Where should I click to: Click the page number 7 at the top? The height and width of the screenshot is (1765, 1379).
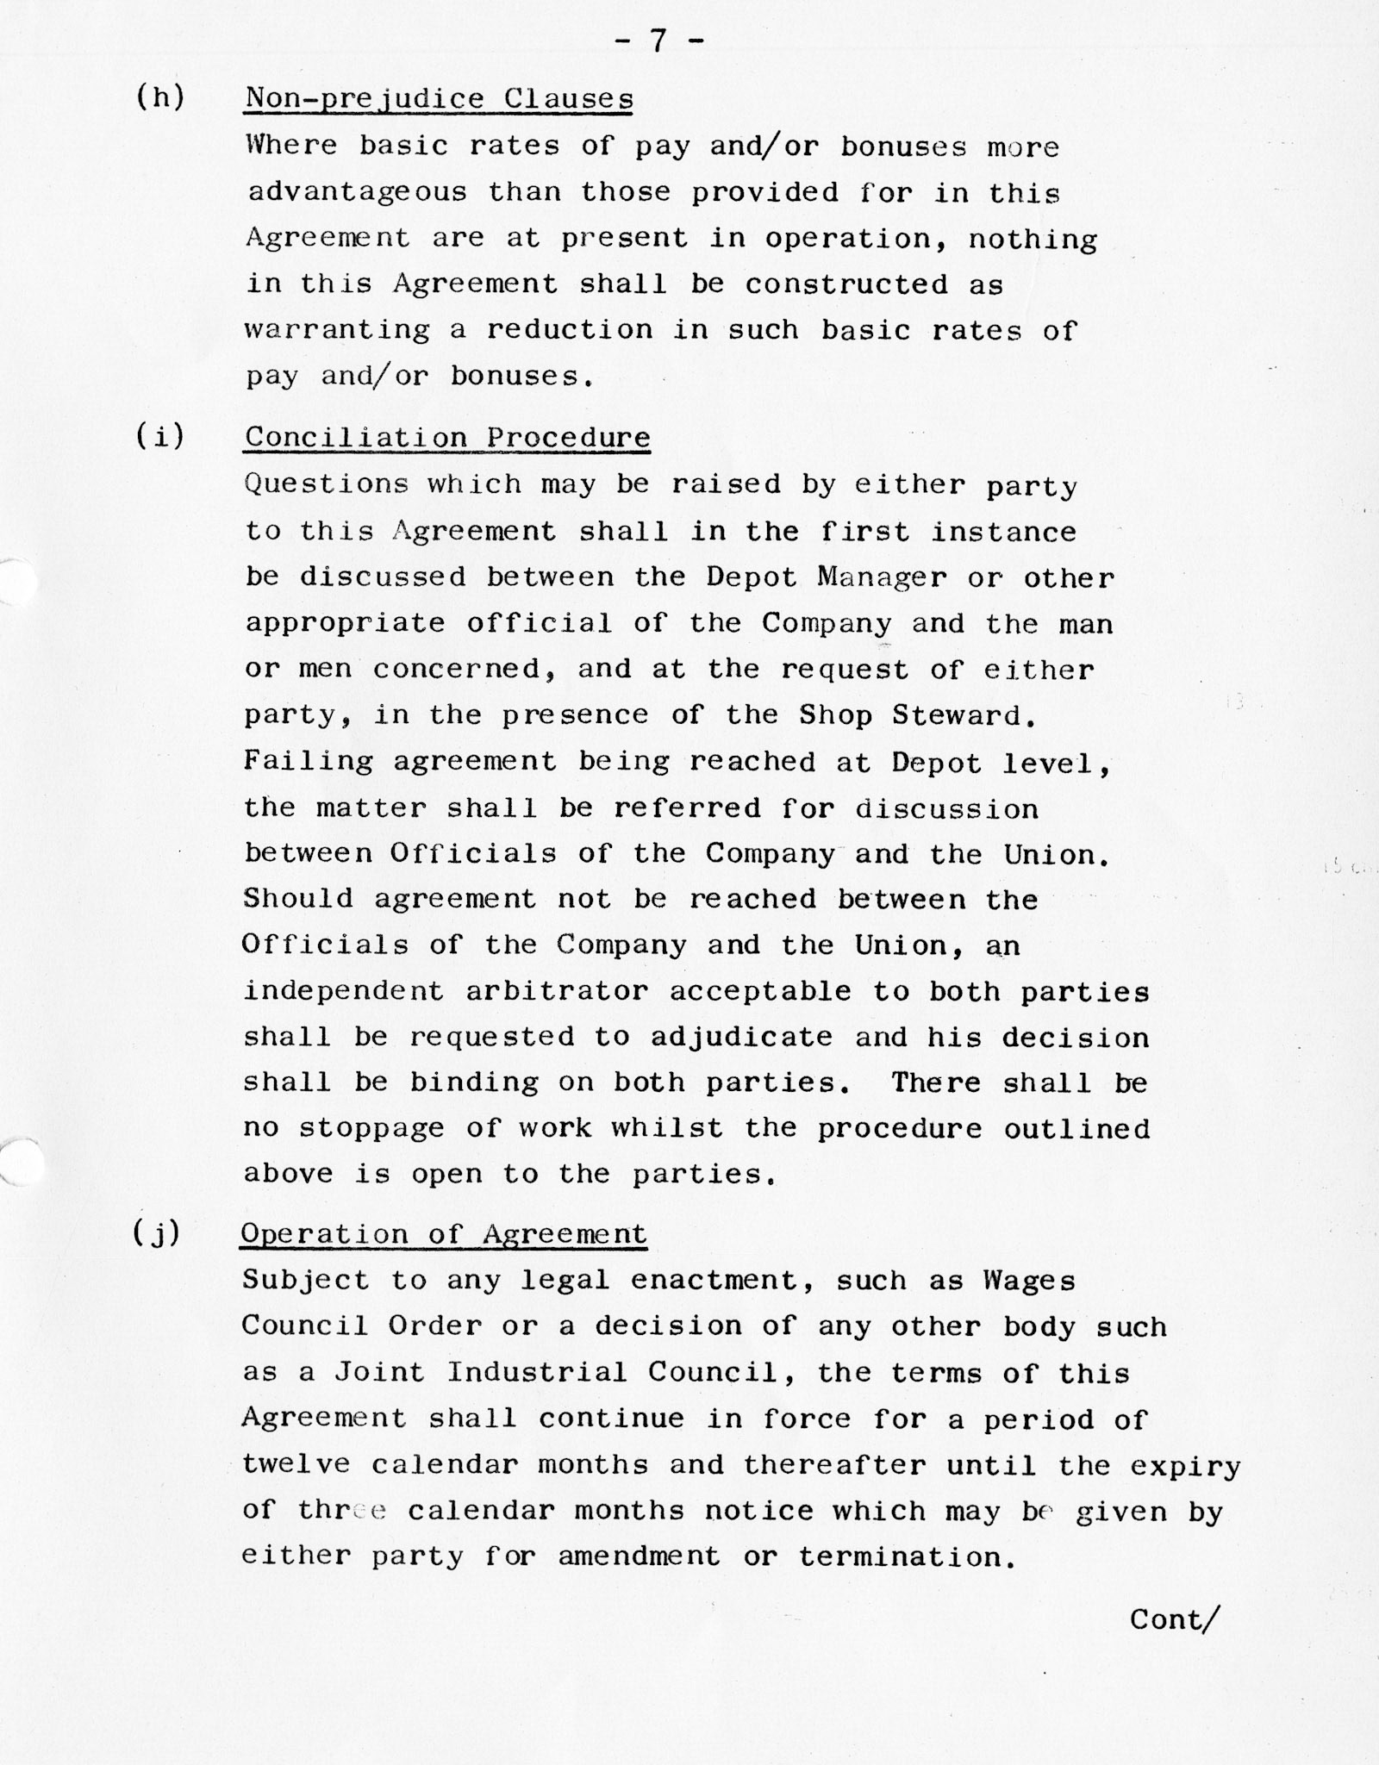[x=658, y=41]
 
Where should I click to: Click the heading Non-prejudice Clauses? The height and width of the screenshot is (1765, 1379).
[x=439, y=99]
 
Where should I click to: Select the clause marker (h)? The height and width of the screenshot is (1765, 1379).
[x=160, y=97]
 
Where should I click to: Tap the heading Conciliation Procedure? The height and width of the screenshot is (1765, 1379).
[x=447, y=438]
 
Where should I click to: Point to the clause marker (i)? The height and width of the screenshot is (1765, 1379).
[x=160, y=436]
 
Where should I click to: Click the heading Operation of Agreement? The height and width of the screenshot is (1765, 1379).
[x=443, y=1234]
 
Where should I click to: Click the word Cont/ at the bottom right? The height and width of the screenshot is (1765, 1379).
[x=1174, y=1620]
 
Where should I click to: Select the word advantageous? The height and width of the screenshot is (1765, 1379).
[x=357, y=192]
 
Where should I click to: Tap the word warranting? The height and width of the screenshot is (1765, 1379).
[x=337, y=330]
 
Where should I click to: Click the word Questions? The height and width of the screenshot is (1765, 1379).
[x=326, y=484]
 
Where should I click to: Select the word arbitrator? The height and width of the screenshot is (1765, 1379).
[x=557, y=991]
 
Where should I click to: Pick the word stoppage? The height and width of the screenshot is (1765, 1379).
[x=371, y=1129]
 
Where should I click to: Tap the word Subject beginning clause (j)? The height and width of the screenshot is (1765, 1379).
[x=305, y=1281]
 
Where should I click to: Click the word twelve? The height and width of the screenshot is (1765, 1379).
[x=296, y=1464]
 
